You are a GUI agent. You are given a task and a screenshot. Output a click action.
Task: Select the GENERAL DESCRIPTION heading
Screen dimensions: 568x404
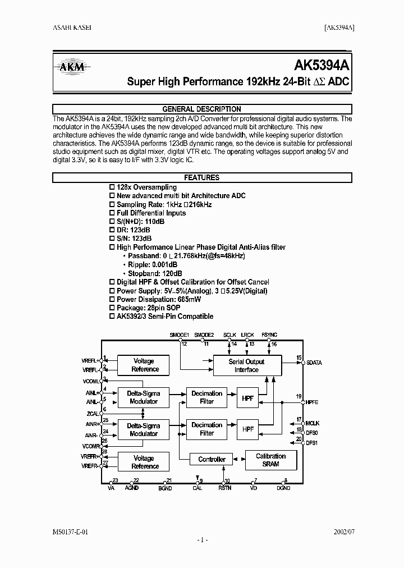201,109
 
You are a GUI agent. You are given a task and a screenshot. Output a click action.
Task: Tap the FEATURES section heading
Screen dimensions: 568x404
201,177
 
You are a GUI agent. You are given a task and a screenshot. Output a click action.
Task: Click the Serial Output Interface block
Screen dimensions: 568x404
246,366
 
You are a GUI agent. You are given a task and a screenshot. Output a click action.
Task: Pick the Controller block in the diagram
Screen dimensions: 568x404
212,460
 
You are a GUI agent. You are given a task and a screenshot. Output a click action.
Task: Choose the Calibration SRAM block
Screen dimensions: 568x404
270,460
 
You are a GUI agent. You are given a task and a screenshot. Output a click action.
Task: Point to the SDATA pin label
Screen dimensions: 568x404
314,363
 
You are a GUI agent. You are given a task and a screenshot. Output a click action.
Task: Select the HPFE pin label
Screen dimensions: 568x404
312,402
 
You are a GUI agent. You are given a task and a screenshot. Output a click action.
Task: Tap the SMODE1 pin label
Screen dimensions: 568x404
180,335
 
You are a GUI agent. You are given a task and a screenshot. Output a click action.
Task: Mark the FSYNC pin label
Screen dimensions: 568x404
269,335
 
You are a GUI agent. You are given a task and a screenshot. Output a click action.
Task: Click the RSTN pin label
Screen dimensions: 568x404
225,488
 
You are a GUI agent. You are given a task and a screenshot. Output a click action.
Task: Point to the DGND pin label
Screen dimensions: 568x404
283,488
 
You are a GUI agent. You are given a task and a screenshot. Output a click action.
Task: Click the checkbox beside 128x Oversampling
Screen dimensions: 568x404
111,187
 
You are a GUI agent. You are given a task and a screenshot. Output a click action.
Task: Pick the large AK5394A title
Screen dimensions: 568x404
322,65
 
